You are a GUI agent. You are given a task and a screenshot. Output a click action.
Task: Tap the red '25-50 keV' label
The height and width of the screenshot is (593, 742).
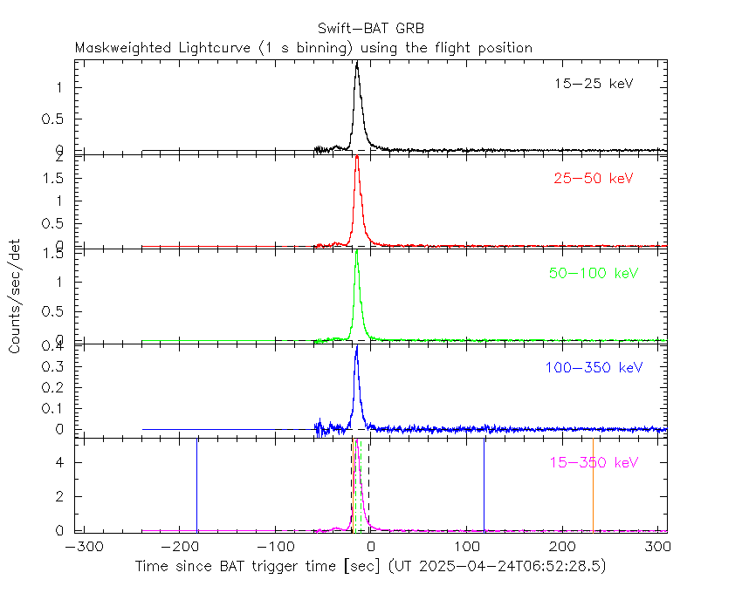(x=593, y=179)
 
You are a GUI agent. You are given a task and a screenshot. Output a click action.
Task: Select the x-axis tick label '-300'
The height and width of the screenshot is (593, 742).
(x=80, y=547)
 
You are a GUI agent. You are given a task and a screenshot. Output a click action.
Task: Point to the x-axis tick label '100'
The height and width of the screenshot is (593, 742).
(x=468, y=547)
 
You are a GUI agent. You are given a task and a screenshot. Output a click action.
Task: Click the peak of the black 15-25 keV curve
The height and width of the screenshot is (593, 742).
(x=356, y=63)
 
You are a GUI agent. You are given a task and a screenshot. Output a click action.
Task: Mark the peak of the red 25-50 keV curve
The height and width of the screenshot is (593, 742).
(x=357, y=158)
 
